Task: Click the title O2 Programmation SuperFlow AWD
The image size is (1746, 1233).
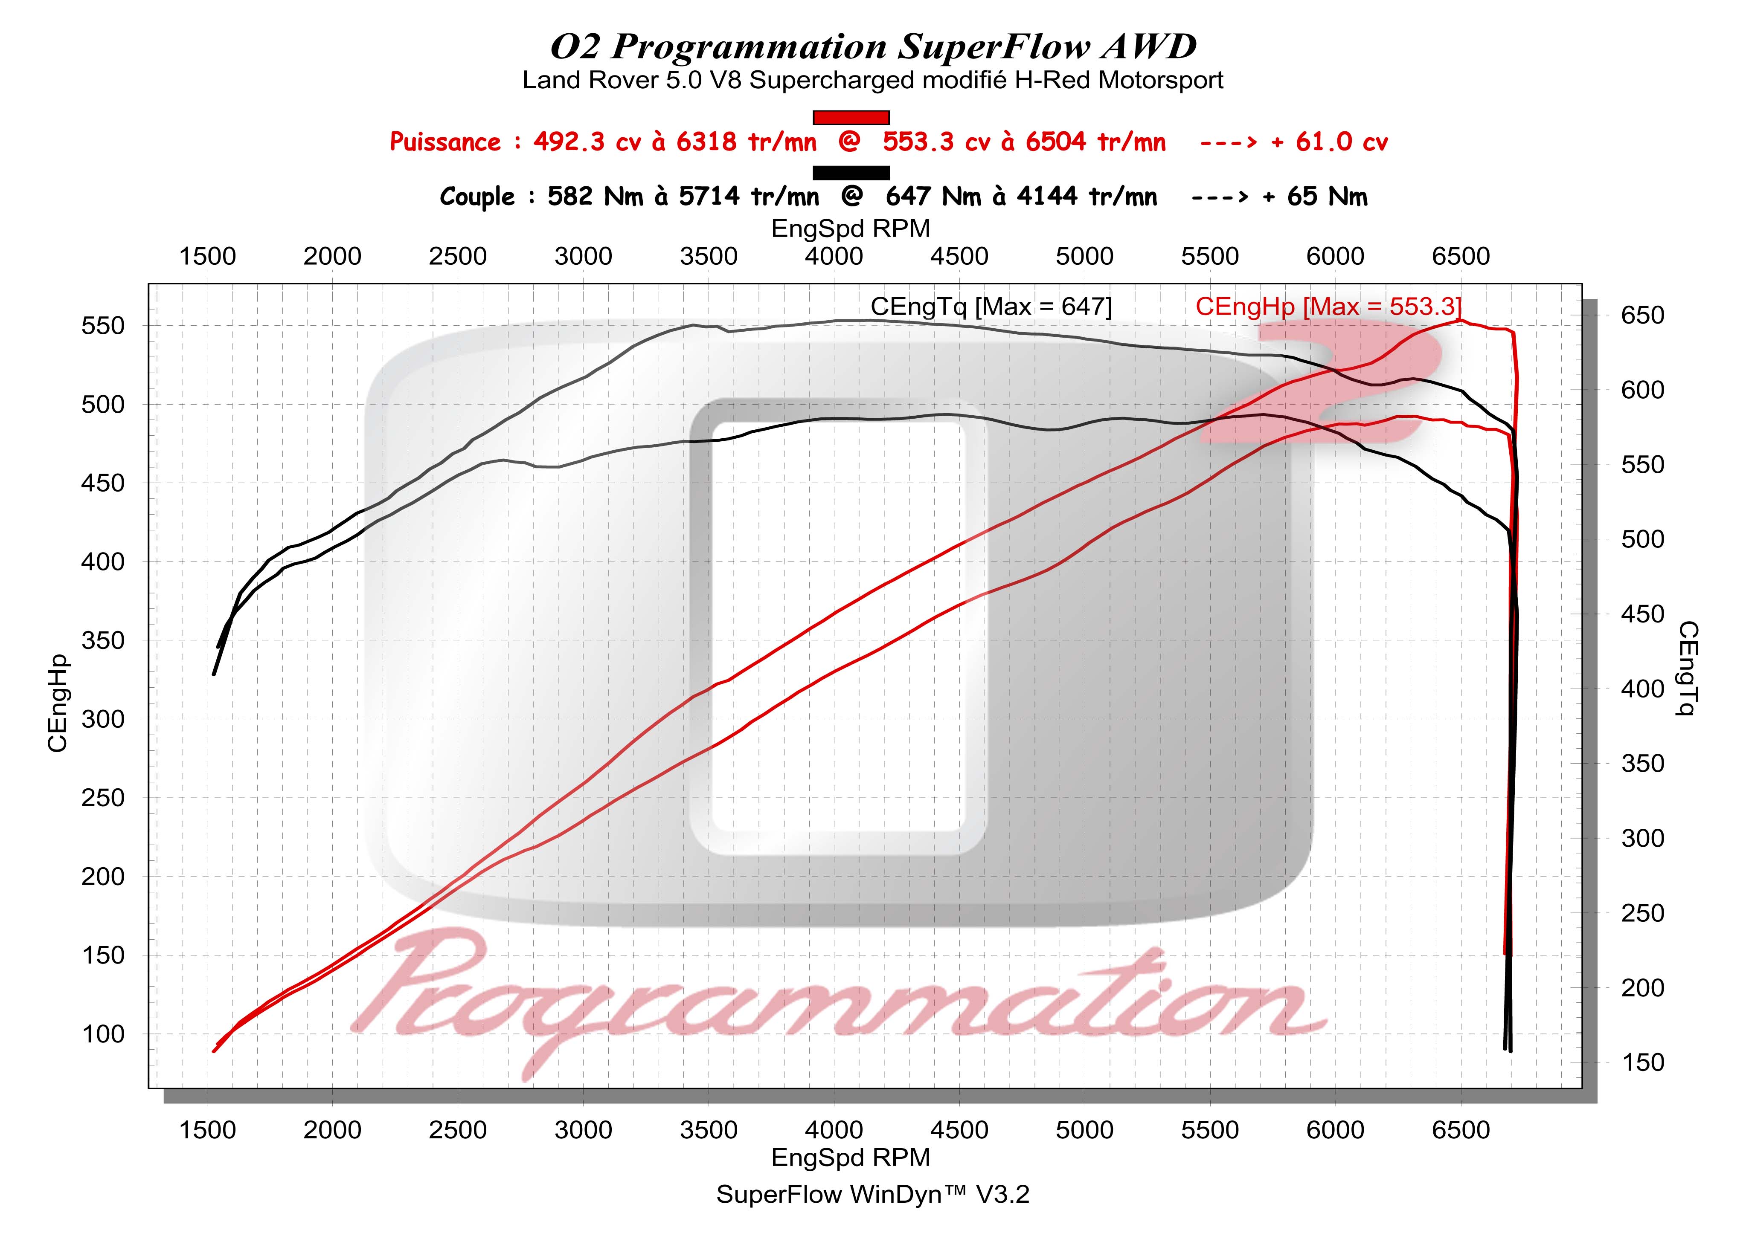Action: pyautogui.click(x=873, y=47)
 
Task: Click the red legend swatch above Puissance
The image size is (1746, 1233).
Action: pyautogui.click(x=851, y=117)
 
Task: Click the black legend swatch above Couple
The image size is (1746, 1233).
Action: pyautogui.click(x=851, y=173)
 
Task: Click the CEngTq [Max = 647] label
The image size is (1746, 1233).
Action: pyautogui.click(x=991, y=307)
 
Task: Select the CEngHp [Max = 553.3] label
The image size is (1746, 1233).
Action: pyautogui.click(x=1328, y=307)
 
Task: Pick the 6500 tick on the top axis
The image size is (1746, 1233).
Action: pyautogui.click(x=1460, y=256)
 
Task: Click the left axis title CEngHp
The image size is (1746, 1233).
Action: pyautogui.click(x=58, y=703)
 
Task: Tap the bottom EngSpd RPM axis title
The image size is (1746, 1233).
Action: pyautogui.click(x=850, y=1158)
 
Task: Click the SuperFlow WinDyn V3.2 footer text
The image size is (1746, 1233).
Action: pyautogui.click(x=872, y=1194)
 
